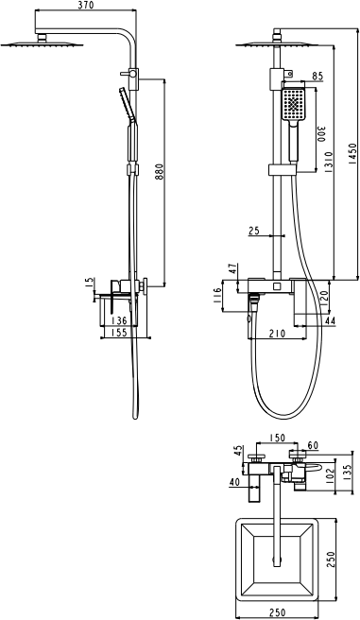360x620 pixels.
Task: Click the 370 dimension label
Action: [86, 5]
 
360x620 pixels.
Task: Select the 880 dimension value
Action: [159, 172]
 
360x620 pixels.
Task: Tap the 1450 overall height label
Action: [352, 153]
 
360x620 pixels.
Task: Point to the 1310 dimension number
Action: [329, 162]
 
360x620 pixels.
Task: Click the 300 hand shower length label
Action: [321, 134]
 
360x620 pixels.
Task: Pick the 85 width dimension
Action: [317, 76]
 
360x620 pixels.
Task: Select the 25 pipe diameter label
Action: [254, 230]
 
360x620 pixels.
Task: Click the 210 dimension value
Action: [277, 334]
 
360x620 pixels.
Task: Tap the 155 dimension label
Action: [119, 333]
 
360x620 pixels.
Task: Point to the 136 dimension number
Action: [119, 319]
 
